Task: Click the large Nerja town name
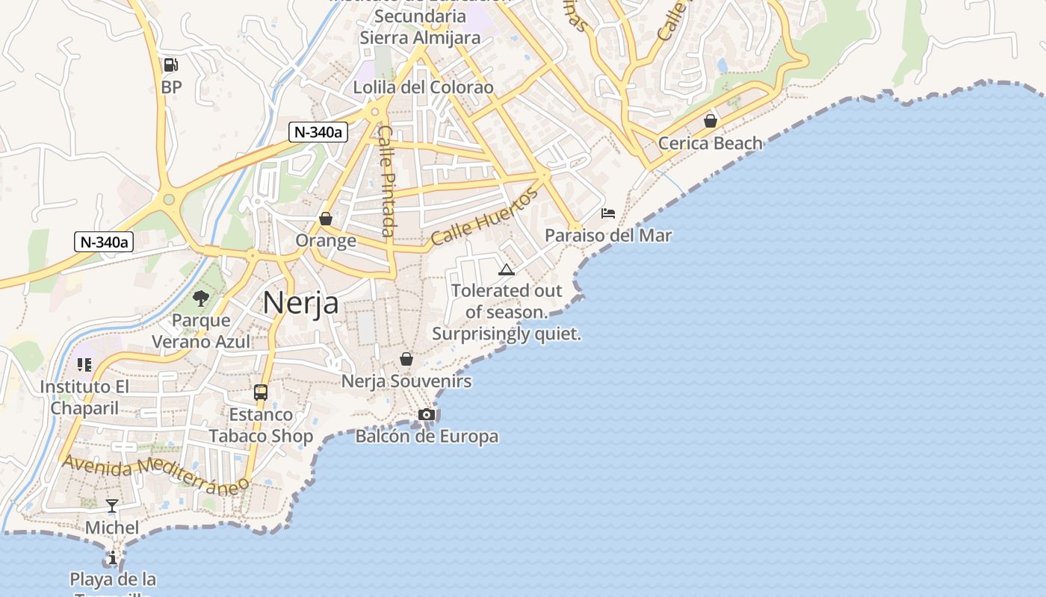[x=301, y=303]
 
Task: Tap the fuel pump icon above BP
[x=171, y=66]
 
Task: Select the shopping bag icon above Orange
[x=326, y=219]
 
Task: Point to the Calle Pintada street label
[x=386, y=181]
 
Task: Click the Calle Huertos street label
[x=484, y=217]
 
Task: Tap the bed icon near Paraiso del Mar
[x=608, y=213]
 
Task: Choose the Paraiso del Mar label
[x=608, y=236]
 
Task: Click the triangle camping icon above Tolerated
[x=507, y=269]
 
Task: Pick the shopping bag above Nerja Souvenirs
[x=406, y=359]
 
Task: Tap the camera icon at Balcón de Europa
[x=427, y=414]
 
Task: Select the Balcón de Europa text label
[x=427, y=437]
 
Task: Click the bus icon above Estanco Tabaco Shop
[x=261, y=392]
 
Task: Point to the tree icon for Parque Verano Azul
[x=200, y=298]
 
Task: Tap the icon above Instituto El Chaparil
[x=84, y=365]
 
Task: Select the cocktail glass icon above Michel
[x=112, y=506]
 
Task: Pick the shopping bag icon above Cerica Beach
[x=710, y=120]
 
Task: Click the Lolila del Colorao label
[x=423, y=87]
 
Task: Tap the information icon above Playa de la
[x=112, y=557]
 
